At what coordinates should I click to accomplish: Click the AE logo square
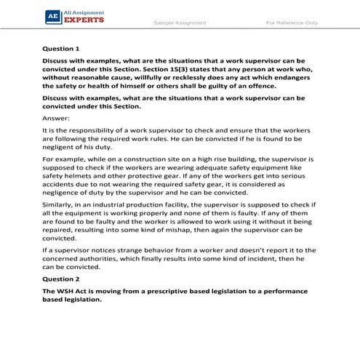pyautogui.click(x=52, y=16)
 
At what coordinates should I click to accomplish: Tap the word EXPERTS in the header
pyautogui.click(x=84, y=20)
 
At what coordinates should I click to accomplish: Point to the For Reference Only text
pyautogui.click(x=292, y=23)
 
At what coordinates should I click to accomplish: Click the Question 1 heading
pyautogui.click(x=63, y=48)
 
